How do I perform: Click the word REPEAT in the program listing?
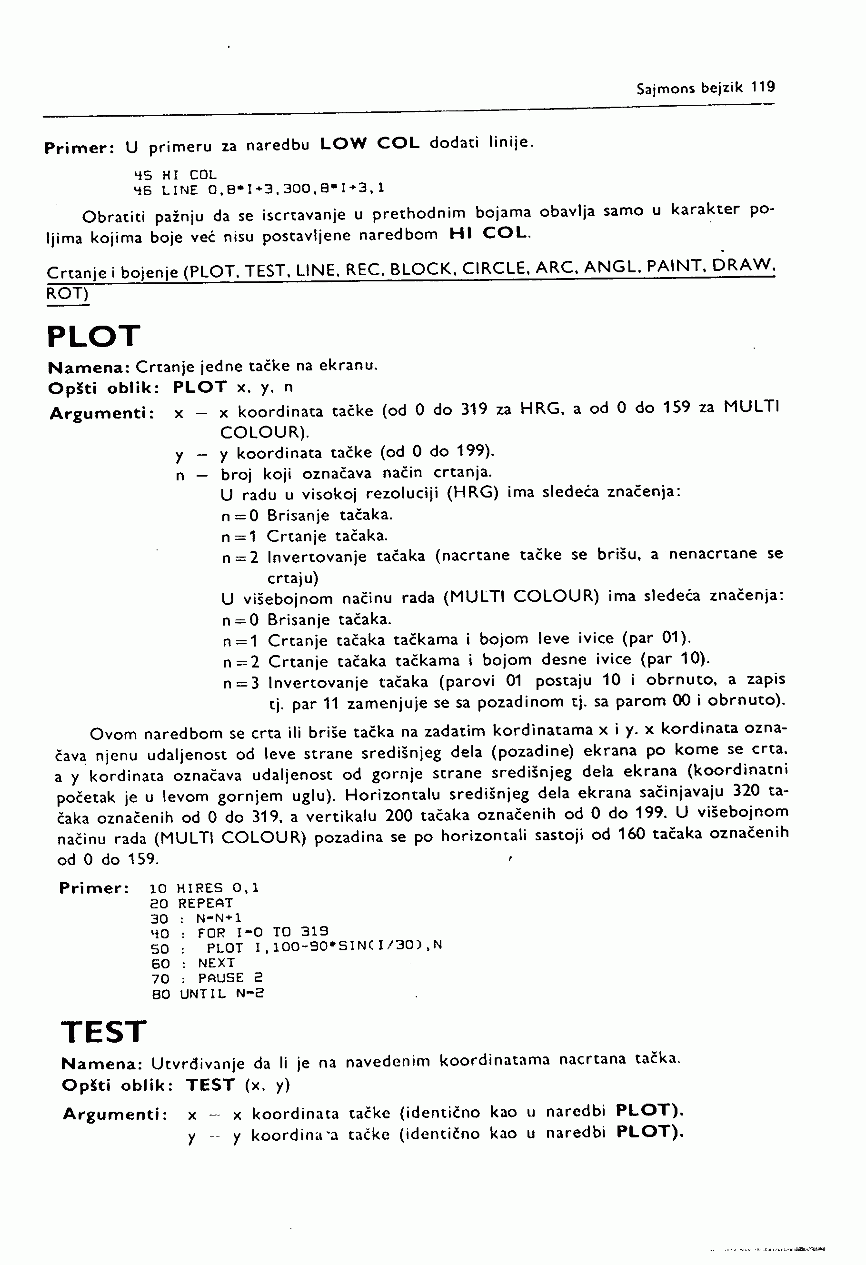click(205, 903)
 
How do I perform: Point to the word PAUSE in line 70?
click(220, 977)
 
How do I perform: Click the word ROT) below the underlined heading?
click(68, 293)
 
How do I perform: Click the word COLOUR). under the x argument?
click(265, 432)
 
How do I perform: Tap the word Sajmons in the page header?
click(665, 88)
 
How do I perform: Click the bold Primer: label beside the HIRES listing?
click(94, 888)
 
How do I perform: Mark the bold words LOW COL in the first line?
click(370, 143)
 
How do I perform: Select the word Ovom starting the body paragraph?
click(113, 734)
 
